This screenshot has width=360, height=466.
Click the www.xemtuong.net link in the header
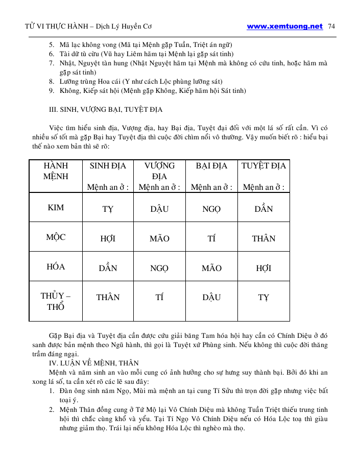284,27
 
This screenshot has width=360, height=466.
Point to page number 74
331,27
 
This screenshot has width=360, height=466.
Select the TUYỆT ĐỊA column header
263,166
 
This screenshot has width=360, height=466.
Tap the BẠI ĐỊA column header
211,166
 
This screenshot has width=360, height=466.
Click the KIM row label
56,208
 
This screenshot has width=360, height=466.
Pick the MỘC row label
56,237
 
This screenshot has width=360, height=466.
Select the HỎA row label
56,267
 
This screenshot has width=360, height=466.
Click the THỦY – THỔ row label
56,301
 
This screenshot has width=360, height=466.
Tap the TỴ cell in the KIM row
108,209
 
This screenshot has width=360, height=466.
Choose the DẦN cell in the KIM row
263,209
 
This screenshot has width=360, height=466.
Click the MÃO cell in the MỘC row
159,238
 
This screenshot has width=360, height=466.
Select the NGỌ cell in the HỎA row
159,268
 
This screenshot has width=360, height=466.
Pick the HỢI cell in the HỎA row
263,268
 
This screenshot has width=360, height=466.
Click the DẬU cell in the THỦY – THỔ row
211,298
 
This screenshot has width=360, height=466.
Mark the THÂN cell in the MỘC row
263,238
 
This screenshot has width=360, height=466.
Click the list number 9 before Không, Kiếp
52,91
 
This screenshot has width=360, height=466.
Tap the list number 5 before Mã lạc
52,44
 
